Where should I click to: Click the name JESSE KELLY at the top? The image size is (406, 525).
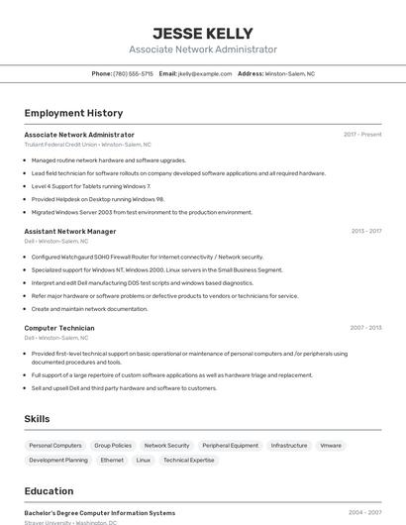(203, 33)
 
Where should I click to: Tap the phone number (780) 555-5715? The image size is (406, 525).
(133, 73)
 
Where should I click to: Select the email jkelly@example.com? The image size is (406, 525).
(205, 73)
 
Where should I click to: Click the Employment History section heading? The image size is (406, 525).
(73, 113)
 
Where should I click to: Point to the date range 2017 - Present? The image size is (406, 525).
(362, 135)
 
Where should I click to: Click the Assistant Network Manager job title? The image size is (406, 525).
(70, 231)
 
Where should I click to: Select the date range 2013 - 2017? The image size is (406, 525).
(365, 231)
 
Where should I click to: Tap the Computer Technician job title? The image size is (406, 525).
(59, 328)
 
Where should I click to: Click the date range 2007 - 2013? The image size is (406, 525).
(365, 328)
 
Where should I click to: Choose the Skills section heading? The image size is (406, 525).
(38, 419)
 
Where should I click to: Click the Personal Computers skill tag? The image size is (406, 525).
(55, 446)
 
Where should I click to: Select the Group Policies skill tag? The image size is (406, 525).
(113, 446)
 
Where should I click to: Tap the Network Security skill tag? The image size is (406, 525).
(166, 446)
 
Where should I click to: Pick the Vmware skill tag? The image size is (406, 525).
(330, 446)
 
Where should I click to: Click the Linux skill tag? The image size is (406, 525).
(144, 461)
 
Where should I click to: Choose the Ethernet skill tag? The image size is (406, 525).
(112, 461)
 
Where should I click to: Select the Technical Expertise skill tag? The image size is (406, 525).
(188, 461)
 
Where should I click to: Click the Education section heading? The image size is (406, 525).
(49, 490)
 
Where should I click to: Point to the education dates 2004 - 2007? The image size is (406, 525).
(364, 513)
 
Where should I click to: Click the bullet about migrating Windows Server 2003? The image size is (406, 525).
(142, 212)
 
